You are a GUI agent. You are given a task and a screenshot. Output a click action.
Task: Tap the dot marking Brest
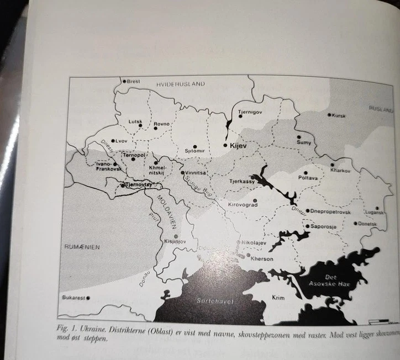(124, 81)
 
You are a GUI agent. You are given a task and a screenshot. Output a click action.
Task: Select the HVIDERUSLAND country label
(180, 84)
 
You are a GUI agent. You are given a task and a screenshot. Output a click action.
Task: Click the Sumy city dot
(299, 136)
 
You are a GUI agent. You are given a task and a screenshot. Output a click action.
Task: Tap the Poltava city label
(308, 178)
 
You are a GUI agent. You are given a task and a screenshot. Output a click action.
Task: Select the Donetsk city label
(367, 224)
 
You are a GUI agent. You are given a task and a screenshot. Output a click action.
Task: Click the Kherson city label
(262, 258)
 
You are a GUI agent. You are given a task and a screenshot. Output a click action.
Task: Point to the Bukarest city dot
(88, 298)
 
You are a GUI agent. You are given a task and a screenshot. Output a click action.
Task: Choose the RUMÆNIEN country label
(82, 247)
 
